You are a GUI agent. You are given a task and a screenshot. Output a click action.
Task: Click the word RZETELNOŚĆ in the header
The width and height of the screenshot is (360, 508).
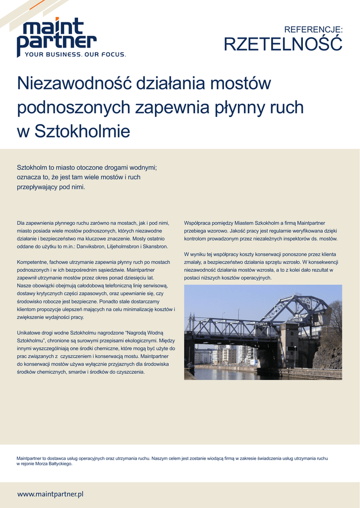pos(283,44)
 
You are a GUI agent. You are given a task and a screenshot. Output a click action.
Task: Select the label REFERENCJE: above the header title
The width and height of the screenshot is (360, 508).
pos(313,30)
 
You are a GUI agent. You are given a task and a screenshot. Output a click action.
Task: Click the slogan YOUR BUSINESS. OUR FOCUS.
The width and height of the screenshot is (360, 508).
pos(75,55)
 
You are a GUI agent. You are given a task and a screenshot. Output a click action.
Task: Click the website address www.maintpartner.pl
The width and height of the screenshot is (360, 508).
pos(50,494)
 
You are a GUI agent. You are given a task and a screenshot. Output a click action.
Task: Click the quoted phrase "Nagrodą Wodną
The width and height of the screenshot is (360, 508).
pos(148,332)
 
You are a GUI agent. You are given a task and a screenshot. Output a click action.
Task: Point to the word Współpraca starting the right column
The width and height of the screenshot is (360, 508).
pos(198,223)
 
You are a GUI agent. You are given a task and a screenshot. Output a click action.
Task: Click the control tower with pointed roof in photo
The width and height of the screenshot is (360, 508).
pos(288,342)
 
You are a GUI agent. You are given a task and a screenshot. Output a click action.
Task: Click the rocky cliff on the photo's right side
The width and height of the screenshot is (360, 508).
pos(329,355)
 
